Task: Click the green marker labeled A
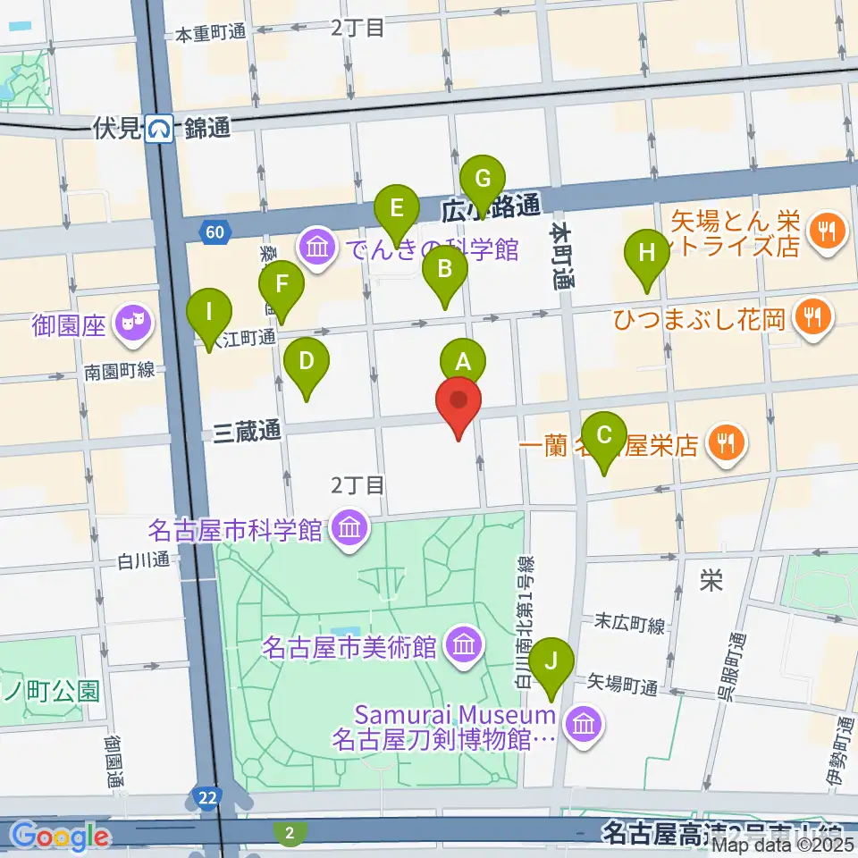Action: (463, 363)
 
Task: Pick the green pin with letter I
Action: (209, 314)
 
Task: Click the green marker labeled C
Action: (604, 436)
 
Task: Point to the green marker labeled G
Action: (483, 179)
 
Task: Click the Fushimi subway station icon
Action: (161, 129)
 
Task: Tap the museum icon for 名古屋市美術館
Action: (463, 644)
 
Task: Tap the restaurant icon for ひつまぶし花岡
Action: (812, 315)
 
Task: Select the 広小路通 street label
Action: (492, 207)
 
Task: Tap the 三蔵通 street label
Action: (248, 433)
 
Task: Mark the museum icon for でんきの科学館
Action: (316, 247)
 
